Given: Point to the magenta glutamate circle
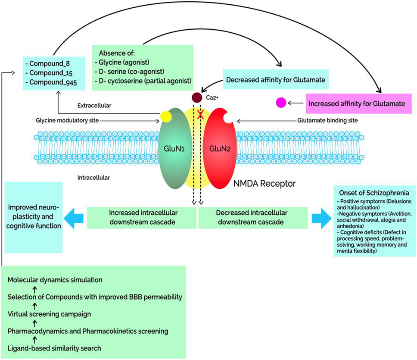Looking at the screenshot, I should tap(281, 103).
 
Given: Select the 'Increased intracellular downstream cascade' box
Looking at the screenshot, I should tap(142, 217).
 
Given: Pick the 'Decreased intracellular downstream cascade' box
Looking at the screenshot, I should tap(253, 217).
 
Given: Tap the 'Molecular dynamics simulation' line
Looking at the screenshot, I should tap(55, 279).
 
